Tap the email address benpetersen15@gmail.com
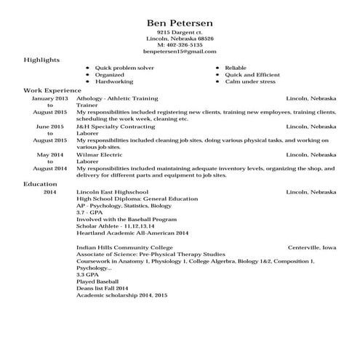[x=179, y=52]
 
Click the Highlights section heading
[x=42, y=60]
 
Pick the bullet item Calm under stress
[x=250, y=81]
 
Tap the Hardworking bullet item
[x=113, y=81]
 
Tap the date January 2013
[x=50, y=97]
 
